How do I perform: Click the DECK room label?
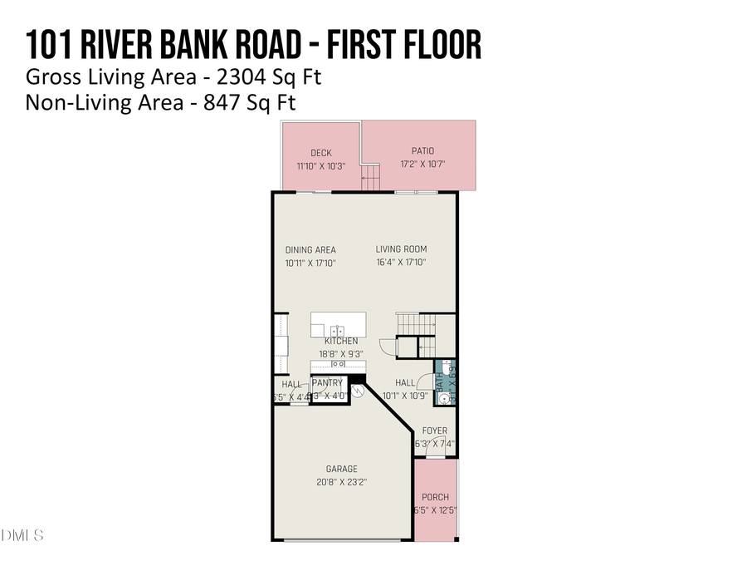(321, 153)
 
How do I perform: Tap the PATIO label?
(422, 151)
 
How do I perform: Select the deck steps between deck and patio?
(370, 176)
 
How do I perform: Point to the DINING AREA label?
(310, 249)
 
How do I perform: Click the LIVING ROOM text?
(401, 249)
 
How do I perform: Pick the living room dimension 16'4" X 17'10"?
(401, 263)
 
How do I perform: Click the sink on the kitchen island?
(338, 330)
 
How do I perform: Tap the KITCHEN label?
(341, 342)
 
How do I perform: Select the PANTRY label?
(327, 383)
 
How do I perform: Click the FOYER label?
(435, 431)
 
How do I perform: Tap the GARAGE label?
(341, 469)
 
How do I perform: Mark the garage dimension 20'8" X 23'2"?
(341, 482)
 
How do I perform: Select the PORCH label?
(435, 497)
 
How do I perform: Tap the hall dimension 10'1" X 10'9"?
(405, 396)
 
